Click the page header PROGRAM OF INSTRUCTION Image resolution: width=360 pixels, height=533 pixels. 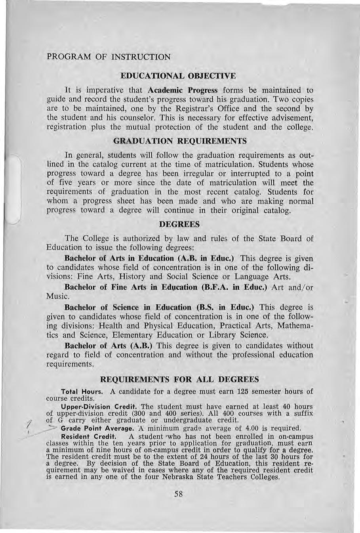click(109, 57)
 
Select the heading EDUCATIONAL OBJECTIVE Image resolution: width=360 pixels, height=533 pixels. click(178, 75)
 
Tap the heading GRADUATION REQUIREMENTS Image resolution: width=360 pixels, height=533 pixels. click(180, 141)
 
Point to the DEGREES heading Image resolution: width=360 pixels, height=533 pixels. click(179, 224)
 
